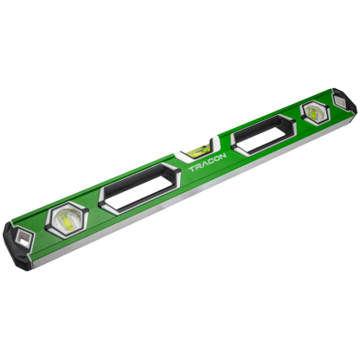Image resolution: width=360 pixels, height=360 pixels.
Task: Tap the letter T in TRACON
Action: tap(191, 169)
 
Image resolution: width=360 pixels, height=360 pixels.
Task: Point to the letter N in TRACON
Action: tap(222, 156)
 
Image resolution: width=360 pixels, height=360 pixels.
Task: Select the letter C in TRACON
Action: tap(210, 160)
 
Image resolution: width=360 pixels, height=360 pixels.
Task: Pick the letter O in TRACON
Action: tap(216, 158)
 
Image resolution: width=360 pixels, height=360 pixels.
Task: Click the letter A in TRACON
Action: tap(203, 164)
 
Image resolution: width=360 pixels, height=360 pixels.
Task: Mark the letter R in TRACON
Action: tap(197, 166)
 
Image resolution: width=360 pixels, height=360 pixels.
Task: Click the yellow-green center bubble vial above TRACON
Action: tap(198, 150)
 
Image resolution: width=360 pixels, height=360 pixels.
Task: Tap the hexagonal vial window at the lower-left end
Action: tap(67, 220)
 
